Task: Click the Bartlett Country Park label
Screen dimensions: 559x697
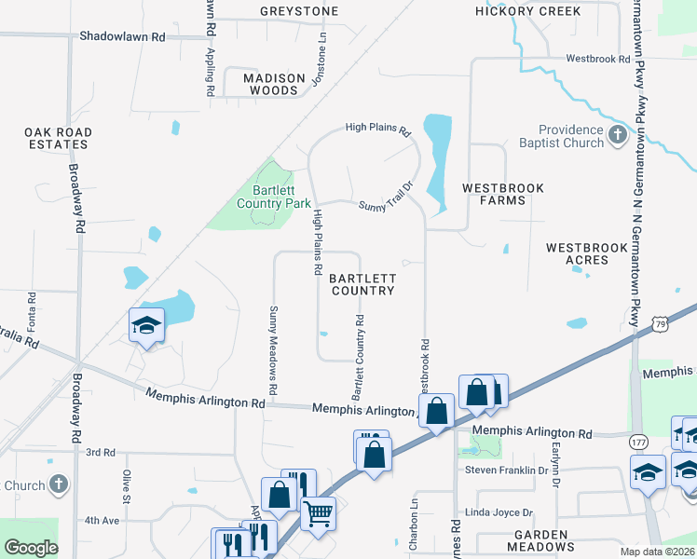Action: pos(273,197)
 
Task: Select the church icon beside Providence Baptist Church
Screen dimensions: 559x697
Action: pos(617,137)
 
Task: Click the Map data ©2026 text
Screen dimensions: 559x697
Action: pos(657,552)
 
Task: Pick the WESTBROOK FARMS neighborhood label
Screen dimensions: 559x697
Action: pos(503,194)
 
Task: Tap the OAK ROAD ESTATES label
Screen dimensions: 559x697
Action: pos(59,139)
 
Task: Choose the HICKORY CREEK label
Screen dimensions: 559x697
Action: pos(527,11)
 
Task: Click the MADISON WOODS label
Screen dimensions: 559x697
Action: pos(275,84)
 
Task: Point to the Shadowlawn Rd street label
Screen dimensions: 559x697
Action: pos(121,36)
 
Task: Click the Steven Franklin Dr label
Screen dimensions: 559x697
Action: pos(506,470)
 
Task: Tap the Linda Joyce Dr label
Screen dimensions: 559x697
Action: pos(499,512)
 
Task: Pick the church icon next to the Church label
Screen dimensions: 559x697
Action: pos(59,484)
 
